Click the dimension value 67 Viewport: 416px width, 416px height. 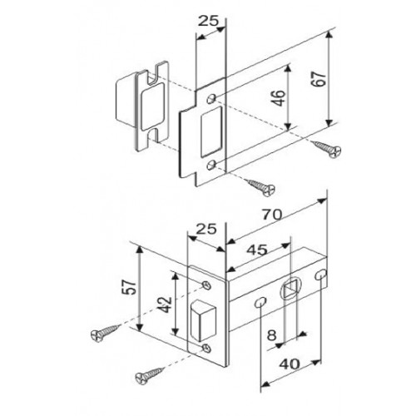[319, 79]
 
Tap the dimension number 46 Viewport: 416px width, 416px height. [279, 98]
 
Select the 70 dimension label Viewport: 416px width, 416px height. [272, 215]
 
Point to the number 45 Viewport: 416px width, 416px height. [257, 250]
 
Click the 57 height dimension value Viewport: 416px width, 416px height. [130, 287]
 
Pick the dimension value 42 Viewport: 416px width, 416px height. [166, 305]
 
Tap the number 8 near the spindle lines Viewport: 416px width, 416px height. [272, 335]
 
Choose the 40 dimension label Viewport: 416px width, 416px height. [290, 364]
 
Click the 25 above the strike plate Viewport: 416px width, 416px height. [209, 21]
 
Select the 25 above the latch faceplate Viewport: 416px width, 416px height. [206, 229]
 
